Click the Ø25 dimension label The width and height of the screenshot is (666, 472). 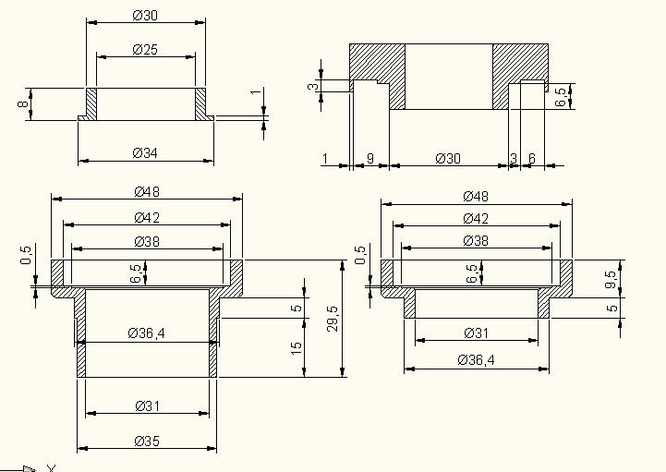point(144,50)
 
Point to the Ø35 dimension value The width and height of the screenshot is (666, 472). point(146,440)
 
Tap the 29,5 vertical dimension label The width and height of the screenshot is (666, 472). point(333,319)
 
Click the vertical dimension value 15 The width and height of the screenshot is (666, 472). point(296,347)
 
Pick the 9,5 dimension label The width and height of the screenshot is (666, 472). point(611,279)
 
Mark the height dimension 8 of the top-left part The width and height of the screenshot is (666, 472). point(22,104)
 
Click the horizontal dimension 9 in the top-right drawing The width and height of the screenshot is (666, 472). point(369,159)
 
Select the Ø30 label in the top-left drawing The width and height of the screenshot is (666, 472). point(145,15)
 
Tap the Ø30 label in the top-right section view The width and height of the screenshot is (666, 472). point(447,159)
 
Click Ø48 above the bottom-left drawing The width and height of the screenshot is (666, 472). point(147,192)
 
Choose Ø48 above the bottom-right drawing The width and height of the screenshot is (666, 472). point(476,196)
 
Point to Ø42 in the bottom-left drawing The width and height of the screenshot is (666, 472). point(147,218)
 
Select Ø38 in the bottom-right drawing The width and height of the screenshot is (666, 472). point(476,240)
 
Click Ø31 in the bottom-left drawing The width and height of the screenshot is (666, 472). point(146,405)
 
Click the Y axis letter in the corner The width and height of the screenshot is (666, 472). point(51,467)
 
